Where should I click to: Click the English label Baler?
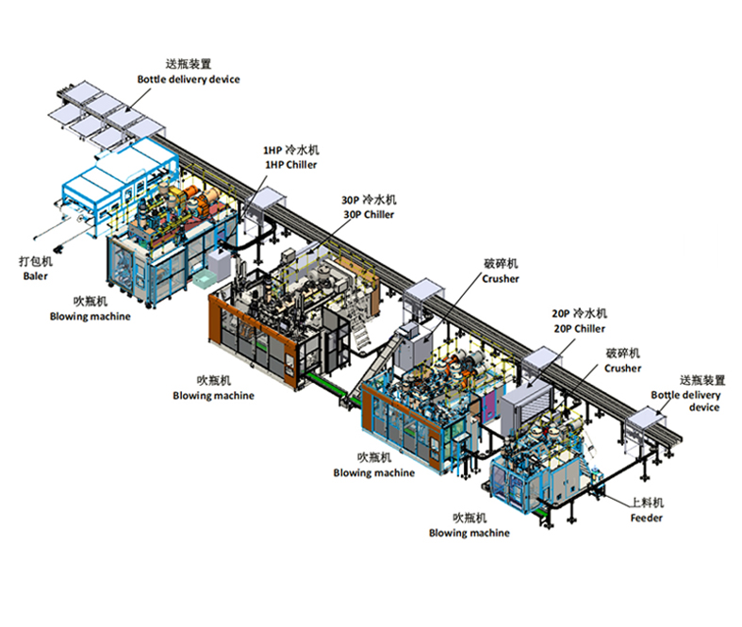tap(36, 276)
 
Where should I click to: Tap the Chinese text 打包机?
tap(36, 261)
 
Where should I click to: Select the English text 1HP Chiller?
tap(290, 165)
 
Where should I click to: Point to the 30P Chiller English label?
tap(369, 214)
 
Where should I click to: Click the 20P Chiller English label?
tap(579, 328)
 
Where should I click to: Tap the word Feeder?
tap(646, 518)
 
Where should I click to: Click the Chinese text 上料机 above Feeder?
tap(647, 503)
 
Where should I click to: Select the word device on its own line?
tap(704, 407)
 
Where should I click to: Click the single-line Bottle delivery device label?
tap(189, 79)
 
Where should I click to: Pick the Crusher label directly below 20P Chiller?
tap(623, 368)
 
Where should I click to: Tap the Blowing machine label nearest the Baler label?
tap(90, 316)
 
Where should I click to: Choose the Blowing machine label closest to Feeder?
tap(469, 533)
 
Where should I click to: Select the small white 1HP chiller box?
tap(219, 264)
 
